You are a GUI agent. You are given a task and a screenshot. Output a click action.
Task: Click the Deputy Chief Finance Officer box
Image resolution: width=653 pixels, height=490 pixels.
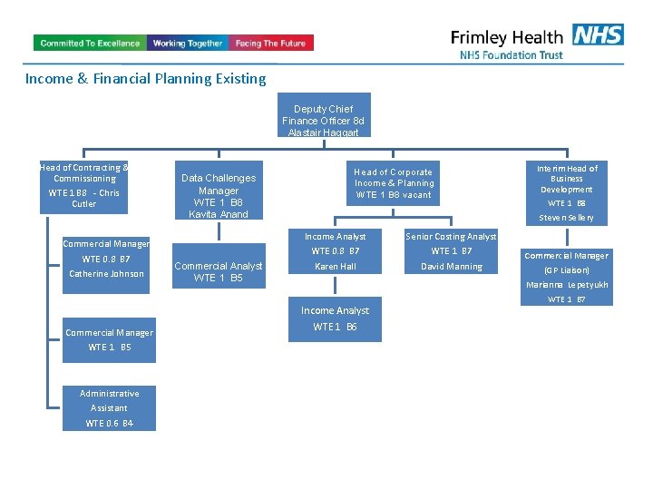323,115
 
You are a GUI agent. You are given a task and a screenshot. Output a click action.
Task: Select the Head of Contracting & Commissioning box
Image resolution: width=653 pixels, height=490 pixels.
84,186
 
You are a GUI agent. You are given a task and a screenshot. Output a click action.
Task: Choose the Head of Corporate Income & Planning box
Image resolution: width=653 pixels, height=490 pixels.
393,183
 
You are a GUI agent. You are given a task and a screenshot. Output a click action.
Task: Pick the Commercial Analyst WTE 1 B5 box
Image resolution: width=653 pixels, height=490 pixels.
219,271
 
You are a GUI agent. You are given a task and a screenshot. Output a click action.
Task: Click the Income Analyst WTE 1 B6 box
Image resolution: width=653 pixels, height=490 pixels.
335,318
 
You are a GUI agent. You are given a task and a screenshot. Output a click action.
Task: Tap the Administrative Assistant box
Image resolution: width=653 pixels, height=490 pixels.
110,407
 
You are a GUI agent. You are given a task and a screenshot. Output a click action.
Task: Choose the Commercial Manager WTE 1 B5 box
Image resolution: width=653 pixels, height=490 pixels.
110,339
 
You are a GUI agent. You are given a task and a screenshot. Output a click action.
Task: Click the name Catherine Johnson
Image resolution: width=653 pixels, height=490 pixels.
106,274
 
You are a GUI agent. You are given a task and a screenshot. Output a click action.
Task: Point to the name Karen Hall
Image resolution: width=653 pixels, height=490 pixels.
336,267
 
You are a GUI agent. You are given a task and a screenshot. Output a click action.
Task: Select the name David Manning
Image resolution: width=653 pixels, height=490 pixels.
452,267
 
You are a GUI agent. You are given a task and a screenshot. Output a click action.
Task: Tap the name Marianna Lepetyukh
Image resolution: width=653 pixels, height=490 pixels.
567,285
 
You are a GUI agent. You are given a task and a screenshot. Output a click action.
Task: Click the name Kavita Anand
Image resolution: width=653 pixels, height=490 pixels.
219,214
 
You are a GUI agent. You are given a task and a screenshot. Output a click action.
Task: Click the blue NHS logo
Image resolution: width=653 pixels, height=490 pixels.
598,35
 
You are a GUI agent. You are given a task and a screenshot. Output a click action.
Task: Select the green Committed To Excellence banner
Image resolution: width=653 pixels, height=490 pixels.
90,43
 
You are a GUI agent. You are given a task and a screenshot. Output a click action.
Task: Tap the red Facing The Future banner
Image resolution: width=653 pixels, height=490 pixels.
270,43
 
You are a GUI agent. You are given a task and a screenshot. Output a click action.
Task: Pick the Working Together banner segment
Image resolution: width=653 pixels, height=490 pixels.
188,43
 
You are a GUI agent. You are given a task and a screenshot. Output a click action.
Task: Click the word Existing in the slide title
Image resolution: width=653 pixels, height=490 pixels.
240,79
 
